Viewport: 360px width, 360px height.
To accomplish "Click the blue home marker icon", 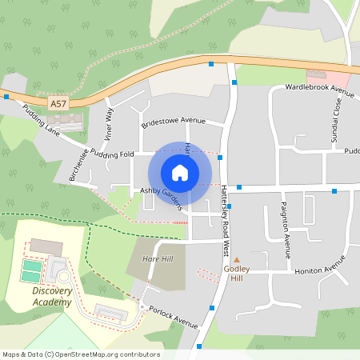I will coord(180,172).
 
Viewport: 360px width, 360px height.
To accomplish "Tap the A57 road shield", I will coord(58,104).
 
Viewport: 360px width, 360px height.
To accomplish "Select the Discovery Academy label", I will coord(52,297).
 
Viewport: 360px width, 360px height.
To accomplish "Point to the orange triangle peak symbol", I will coord(236,259).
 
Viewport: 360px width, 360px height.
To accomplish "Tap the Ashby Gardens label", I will coord(162,191).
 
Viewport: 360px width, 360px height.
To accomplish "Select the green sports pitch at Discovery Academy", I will coord(31,271).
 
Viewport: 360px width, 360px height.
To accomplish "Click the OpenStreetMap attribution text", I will coord(81,354).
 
